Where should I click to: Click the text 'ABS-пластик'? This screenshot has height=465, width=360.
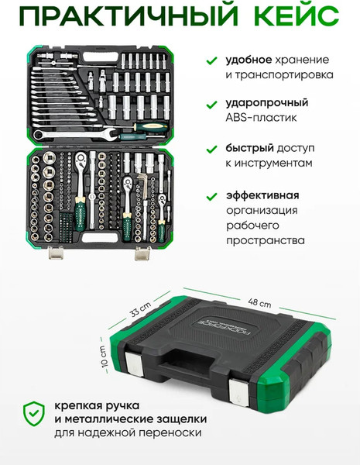pyautogui.click(x=261, y=119)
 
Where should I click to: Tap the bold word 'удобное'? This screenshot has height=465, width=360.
pyautogui.click(x=252, y=60)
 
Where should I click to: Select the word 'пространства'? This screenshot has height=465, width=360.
pyautogui.click(x=266, y=241)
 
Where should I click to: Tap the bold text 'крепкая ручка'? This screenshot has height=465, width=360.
pyautogui.click(x=91, y=405)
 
